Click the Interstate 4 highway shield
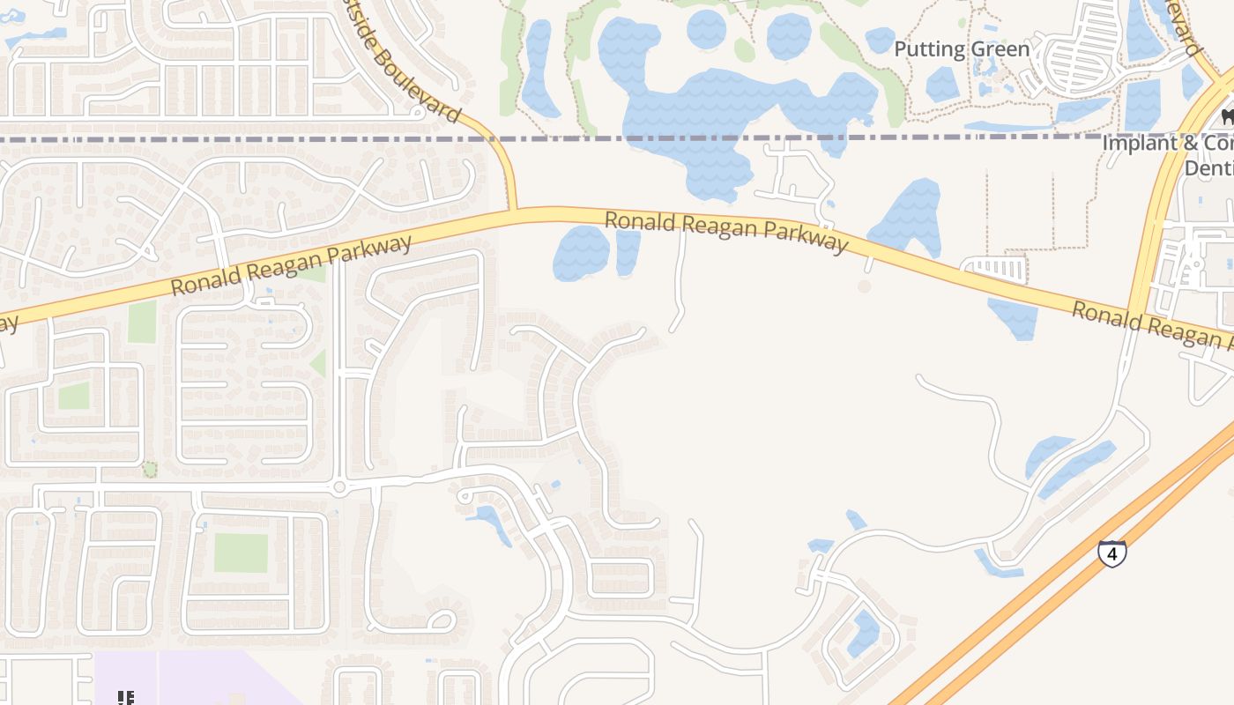point(1112,553)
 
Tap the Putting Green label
point(962,49)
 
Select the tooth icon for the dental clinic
point(1226,115)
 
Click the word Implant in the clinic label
point(1140,143)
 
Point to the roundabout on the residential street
point(338,486)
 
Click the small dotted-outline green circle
point(150,469)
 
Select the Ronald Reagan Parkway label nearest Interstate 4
point(1146,323)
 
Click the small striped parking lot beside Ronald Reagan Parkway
point(997,269)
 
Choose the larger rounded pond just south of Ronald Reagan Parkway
point(581,253)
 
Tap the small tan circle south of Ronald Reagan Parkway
point(864,286)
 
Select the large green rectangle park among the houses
point(241,553)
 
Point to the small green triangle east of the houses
point(318,363)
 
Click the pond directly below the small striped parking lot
point(1015,319)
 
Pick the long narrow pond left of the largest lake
point(539,69)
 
